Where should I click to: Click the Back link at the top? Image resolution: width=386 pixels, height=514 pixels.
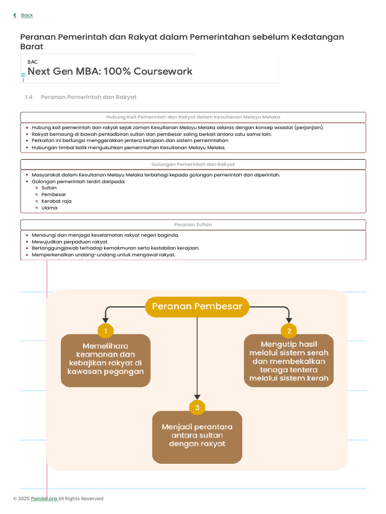27,16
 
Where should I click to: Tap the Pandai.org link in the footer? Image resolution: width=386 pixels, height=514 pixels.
44,498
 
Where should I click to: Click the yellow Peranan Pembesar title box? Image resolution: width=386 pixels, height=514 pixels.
197,307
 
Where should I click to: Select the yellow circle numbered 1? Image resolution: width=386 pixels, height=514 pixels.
106,331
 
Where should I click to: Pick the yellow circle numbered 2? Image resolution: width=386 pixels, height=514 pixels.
289,331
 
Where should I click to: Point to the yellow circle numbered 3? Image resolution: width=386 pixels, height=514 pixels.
197,408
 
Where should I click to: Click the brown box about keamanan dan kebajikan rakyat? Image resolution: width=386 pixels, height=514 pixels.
106,360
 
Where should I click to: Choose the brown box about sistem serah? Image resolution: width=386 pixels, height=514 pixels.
289,361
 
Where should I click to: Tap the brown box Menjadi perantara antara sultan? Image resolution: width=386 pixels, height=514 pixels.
197,436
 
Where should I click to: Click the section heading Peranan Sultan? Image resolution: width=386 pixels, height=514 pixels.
193,225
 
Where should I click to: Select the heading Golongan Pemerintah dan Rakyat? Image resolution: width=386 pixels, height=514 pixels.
193,165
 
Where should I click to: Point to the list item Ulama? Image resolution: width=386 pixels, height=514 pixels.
49,208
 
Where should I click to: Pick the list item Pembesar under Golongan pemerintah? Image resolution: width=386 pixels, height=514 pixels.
54,194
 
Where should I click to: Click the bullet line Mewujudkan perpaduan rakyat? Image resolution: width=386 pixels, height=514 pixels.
70,241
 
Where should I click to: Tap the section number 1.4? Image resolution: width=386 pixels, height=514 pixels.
29,97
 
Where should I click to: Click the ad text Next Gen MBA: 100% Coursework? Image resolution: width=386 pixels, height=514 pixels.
110,71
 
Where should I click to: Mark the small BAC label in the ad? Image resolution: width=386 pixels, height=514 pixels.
33,62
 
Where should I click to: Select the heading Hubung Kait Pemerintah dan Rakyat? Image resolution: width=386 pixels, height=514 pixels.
193,117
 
